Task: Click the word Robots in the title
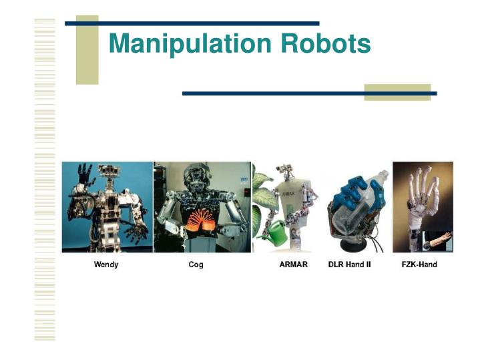pyautogui.click(x=326, y=44)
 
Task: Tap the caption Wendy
pyautogui.click(x=106, y=265)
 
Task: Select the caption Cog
pyautogui.click(x=196, y=265)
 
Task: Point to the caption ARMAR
pyautogui.click(x=293, y=265)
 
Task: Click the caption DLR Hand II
pyautogui.click(x=350, y=265)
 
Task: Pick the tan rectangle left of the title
pyautogui.click(x=87, y=50)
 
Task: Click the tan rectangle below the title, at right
pyautogui.click(x=397, y=92)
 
